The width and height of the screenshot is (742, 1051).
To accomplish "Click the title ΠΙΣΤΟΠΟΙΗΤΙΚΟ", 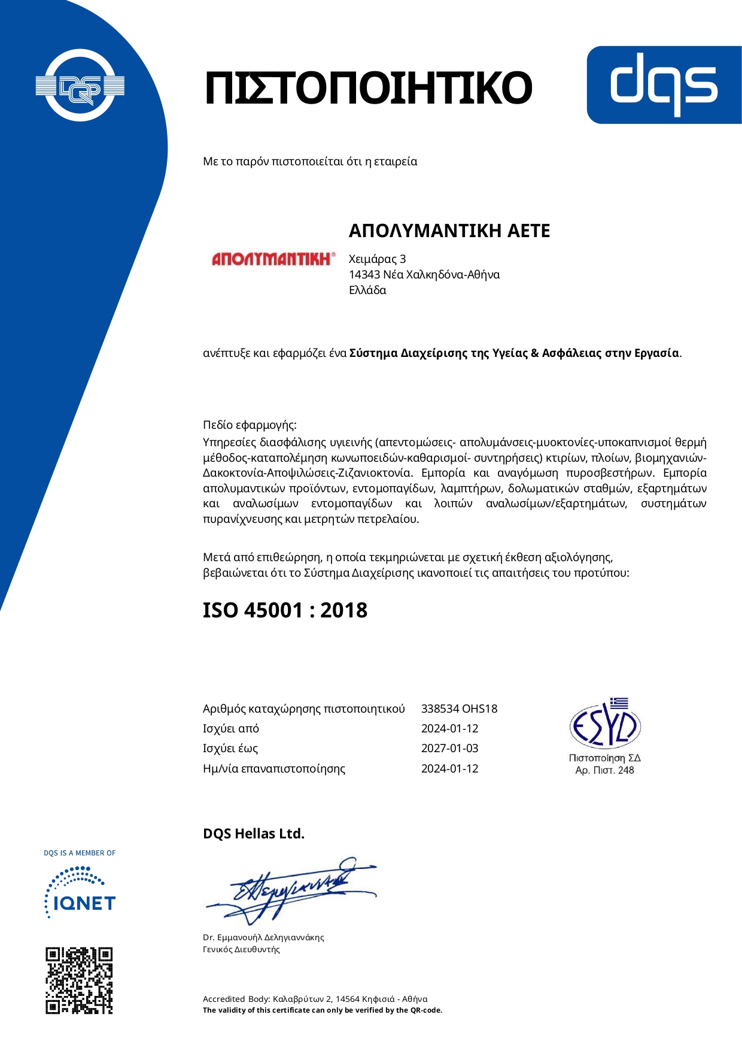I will (367, 88).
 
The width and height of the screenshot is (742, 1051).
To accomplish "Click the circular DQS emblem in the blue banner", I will (80, 86).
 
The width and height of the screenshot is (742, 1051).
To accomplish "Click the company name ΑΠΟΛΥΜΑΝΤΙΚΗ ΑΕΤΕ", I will (449, 231).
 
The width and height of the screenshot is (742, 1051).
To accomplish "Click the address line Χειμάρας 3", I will (377, 259).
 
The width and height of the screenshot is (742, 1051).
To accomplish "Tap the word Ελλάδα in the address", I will (367, 290).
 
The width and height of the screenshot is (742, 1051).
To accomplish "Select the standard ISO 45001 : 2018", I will (285, 610).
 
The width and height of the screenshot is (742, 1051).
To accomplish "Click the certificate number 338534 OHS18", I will (459, 709).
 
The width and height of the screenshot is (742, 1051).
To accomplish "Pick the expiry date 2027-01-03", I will (449, 749).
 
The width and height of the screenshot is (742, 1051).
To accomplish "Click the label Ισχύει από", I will (231, 729).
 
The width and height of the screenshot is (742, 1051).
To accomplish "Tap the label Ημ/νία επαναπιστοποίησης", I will (274, 769).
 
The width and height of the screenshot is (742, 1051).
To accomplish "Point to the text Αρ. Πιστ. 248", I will (604, 771).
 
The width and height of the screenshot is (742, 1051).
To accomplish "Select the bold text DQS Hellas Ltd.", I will (254, 834).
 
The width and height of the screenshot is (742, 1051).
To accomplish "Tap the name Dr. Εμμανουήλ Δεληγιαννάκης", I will (263, 937).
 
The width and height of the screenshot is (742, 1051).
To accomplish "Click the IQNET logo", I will (80, 893).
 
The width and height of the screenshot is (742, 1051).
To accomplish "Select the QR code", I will (79, 980).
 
